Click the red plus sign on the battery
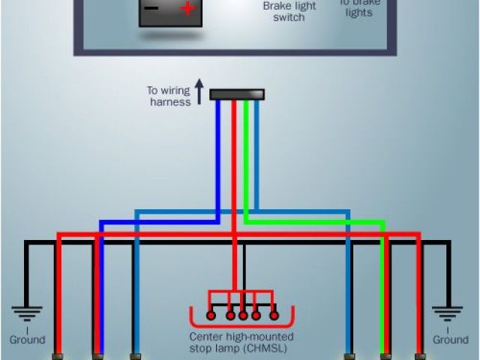[187, 10]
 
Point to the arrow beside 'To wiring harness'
[199, 92]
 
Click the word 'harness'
[170, 102]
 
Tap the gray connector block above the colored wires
[237, 94]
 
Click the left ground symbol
[27, 313]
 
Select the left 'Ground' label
[27, 340]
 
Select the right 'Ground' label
[450, 340]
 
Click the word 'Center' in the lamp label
[206, 337]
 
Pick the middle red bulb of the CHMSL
[242, 315]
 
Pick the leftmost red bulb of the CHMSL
[211, 315]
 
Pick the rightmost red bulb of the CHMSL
[274, 315]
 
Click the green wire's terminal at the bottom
[385, 355]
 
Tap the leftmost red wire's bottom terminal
[57, 355]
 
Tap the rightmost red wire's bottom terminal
[420, 355]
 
